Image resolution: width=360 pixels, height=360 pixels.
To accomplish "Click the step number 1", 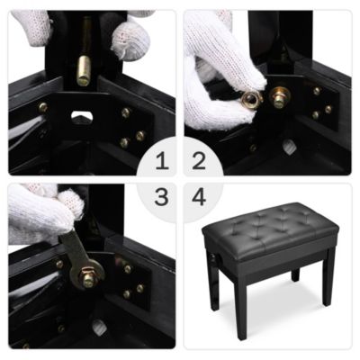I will (161, 162).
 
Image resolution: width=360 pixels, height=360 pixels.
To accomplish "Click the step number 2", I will (199, 162).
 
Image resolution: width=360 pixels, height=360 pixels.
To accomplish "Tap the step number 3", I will (161, 197).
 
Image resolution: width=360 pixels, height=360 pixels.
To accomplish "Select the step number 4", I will (199, 197).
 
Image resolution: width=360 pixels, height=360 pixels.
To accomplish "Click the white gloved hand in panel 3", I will (40, 216).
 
